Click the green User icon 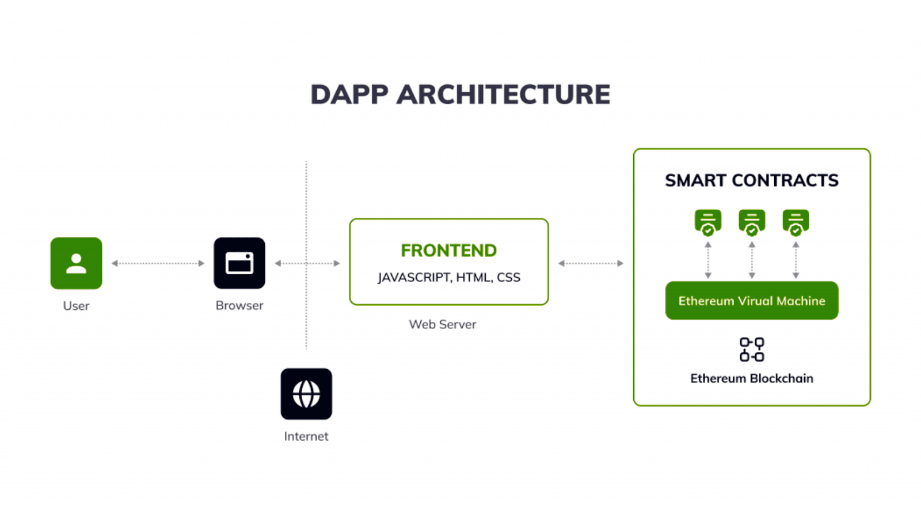76,263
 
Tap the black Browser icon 239,263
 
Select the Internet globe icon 306,394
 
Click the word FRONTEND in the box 448,251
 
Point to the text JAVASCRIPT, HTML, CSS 448,278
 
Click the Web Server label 442,324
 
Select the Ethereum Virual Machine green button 751,301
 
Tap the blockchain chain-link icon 751,349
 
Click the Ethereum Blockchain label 751,378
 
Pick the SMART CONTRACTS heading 751,180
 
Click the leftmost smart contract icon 707,222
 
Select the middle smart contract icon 751,222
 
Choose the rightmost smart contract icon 796,222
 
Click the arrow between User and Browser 158,263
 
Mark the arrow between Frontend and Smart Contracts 591,263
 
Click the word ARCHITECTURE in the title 503,94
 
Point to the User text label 76,306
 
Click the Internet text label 306,437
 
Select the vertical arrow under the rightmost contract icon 796,260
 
